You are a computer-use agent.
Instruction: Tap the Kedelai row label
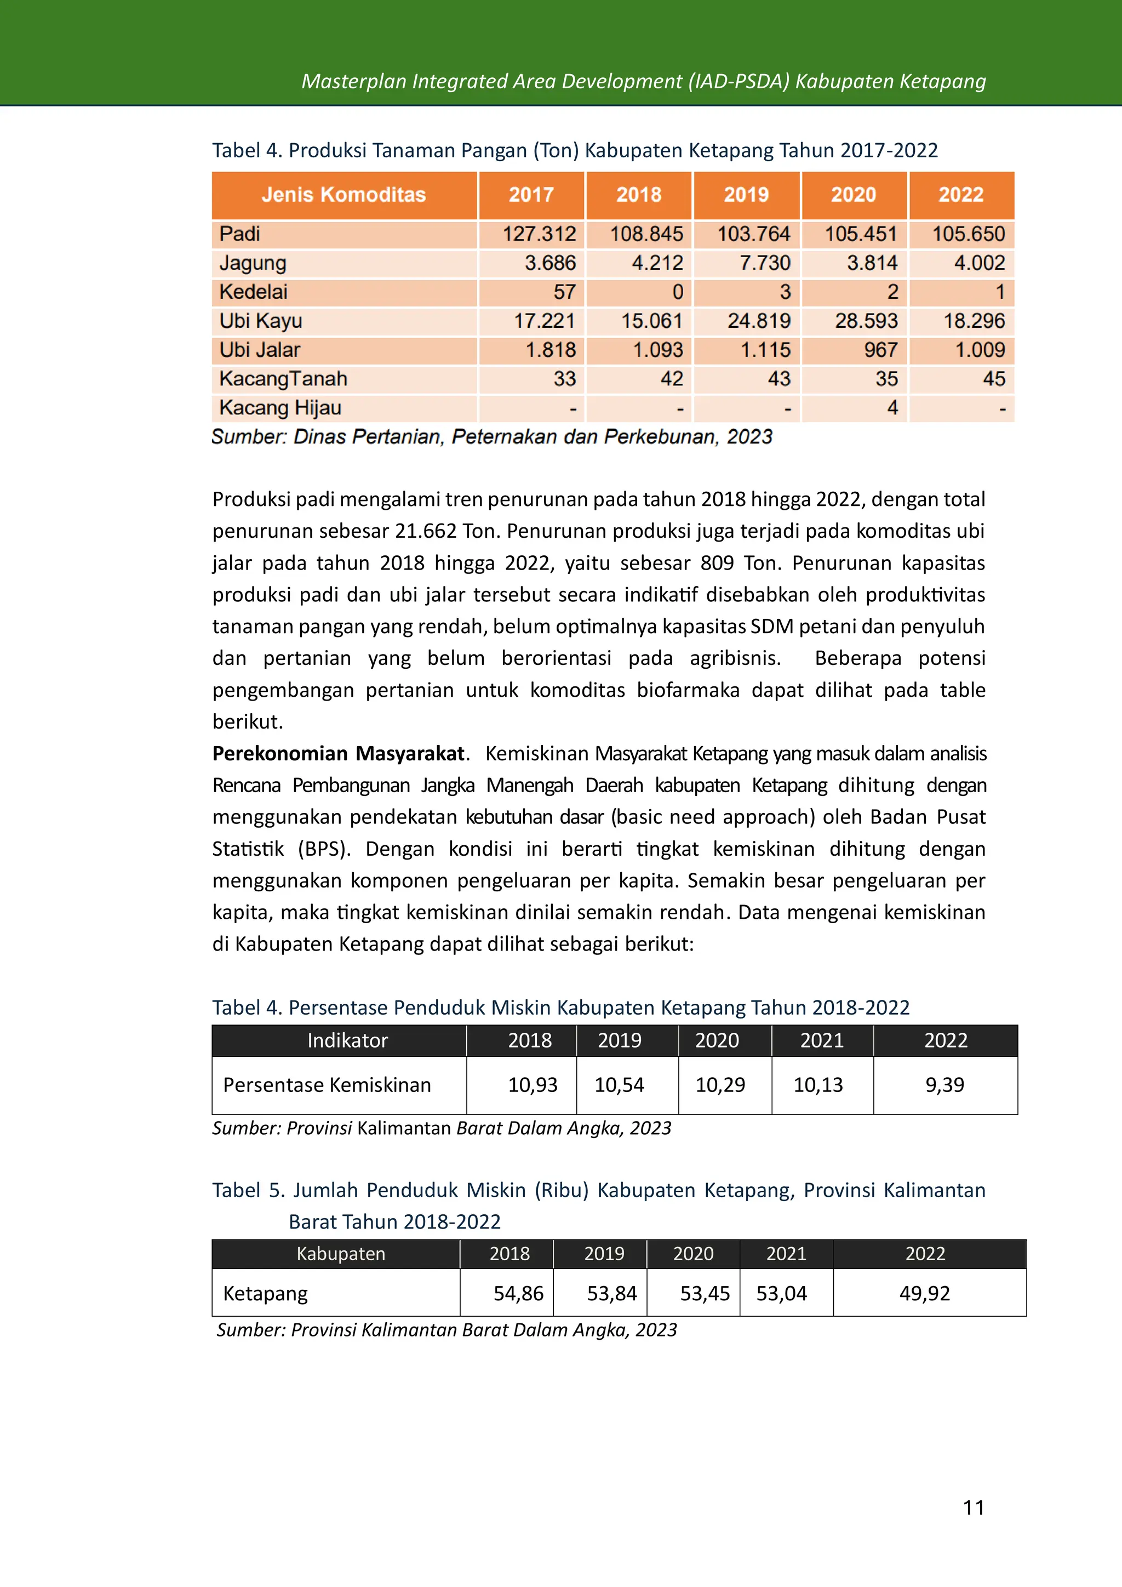click(253, 292)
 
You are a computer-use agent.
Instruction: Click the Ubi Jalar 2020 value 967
click(880, 350)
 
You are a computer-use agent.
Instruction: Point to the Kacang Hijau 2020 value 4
click(892, 408)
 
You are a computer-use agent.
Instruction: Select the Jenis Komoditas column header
click(344, 195)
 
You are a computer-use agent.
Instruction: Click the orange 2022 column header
click(960, 195)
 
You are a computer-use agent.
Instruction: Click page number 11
click(973, 1508)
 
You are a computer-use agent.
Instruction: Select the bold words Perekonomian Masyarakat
click(339, 753)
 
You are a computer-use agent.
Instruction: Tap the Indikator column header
click(347, 1040)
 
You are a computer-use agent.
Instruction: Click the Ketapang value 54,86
click(518, 1293)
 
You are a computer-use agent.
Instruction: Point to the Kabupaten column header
click(341, 1254)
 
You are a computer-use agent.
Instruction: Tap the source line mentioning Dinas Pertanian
click(491, 437)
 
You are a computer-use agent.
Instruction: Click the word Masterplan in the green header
click(354, 82)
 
